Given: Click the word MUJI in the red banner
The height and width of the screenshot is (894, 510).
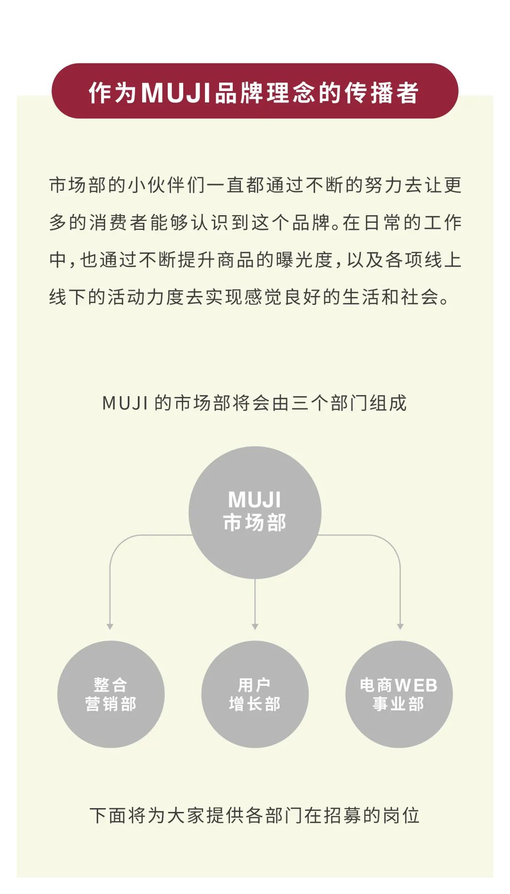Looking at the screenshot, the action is [x=176, y=92].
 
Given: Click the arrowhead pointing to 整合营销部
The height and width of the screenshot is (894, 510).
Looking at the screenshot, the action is [x=110, y=626].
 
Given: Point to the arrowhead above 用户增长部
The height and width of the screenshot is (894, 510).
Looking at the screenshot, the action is [x=255, y=626].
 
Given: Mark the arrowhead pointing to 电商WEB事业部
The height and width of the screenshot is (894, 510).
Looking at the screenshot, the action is [x=400, y=626].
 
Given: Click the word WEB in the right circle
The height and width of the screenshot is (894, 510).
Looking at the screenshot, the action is [x=416, y=685].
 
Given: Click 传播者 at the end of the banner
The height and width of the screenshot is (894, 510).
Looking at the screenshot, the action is [x=382, y=92].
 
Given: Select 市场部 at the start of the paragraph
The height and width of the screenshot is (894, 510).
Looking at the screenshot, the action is [x=78, y=185].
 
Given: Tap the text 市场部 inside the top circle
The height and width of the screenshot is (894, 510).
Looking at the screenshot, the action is [x=255, y=523].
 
